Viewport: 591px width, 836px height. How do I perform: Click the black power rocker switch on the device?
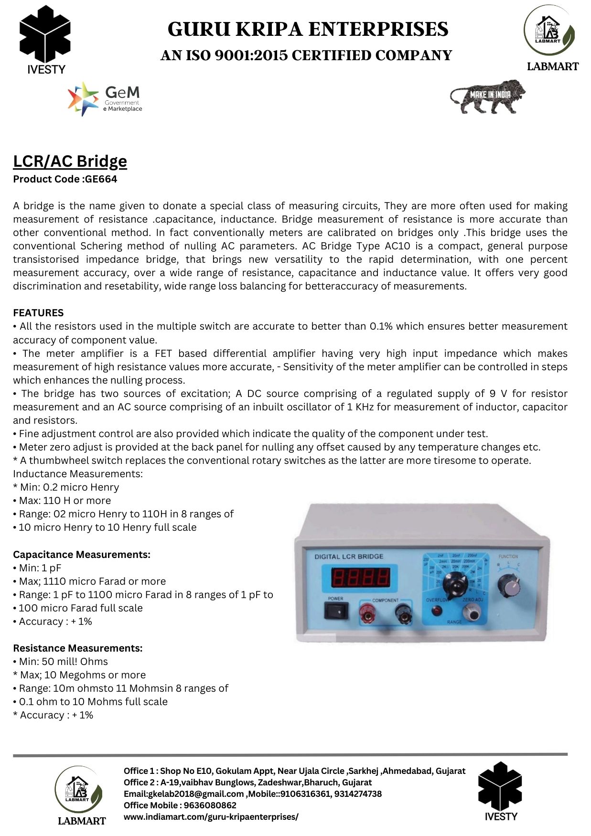point(336,611)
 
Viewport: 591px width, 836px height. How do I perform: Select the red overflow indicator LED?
point(436,610)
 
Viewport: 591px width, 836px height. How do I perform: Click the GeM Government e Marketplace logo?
point(105,99)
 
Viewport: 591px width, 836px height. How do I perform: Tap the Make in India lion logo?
point(487,96)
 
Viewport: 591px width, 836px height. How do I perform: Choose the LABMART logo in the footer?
point(80,795)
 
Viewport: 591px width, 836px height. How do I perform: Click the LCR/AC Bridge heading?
point(70,161)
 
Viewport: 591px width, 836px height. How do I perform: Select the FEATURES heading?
point(38,313)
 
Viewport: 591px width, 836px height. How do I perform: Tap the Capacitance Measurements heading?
point(82,555)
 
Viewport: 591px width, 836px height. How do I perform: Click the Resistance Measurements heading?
point(78,648)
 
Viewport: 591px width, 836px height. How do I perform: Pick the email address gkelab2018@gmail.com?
point(196,794)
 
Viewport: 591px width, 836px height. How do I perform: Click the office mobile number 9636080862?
point(210,805)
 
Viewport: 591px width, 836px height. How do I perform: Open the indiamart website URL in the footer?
point(211,817)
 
